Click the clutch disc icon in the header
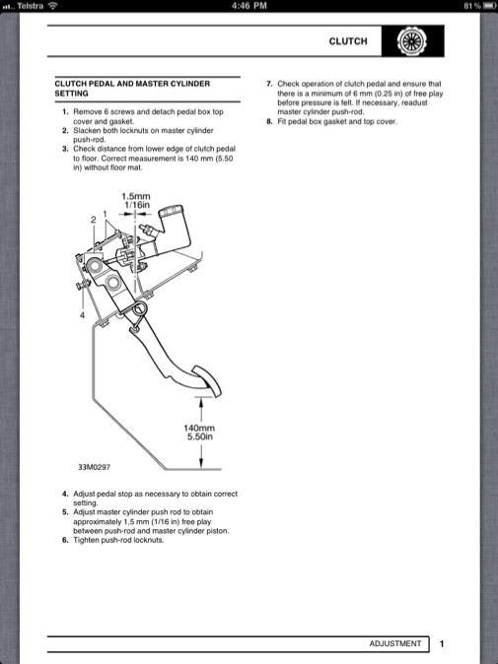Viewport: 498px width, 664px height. pyautogui.click(x=411, y=41)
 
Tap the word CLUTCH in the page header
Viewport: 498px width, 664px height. pyautogui.click(x=348, y=41)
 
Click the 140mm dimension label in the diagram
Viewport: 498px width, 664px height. pyautogui.click(x=199, y=428)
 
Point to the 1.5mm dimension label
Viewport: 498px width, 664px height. pyautogui.click(x=136, y=196)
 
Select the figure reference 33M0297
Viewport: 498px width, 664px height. pyautogui.click(x=94, y=467)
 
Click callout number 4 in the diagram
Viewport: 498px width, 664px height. pyautogui.click(x=82, y=315)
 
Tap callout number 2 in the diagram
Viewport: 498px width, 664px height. pyautogui.click(x=94, y=220)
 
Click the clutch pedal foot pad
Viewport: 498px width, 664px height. pyautogui.click(x=207, y=380)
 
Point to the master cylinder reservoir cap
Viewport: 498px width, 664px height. pyautogui.click(x=171, y=211)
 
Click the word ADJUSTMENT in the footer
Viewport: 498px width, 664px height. pyautogui.click(x=395, y=643)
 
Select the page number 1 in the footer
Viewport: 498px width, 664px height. pyautogui.click(x=442, y=644)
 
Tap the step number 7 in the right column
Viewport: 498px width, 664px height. pyautogui.click(x=269, y=84)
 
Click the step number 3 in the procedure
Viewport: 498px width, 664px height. pyautogui.click(x=65, y=149)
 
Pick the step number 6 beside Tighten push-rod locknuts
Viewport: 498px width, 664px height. pyautogui.click(x=65, y=540)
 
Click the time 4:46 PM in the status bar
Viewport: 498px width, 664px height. pyautogui.click(x=249, y=6)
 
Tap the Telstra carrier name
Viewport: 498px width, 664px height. pyautogui.click(x=31, y=6)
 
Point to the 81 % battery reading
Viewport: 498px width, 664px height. pyautogui.click(x=472, y=6)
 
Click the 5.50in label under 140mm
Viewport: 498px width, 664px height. pyautogui.click(x=200, y=436)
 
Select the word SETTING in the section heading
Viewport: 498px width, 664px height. pyautogui.click(x=71, y=94)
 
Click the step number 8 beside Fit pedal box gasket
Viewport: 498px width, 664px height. pyautogui.click(x=269, y=121)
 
